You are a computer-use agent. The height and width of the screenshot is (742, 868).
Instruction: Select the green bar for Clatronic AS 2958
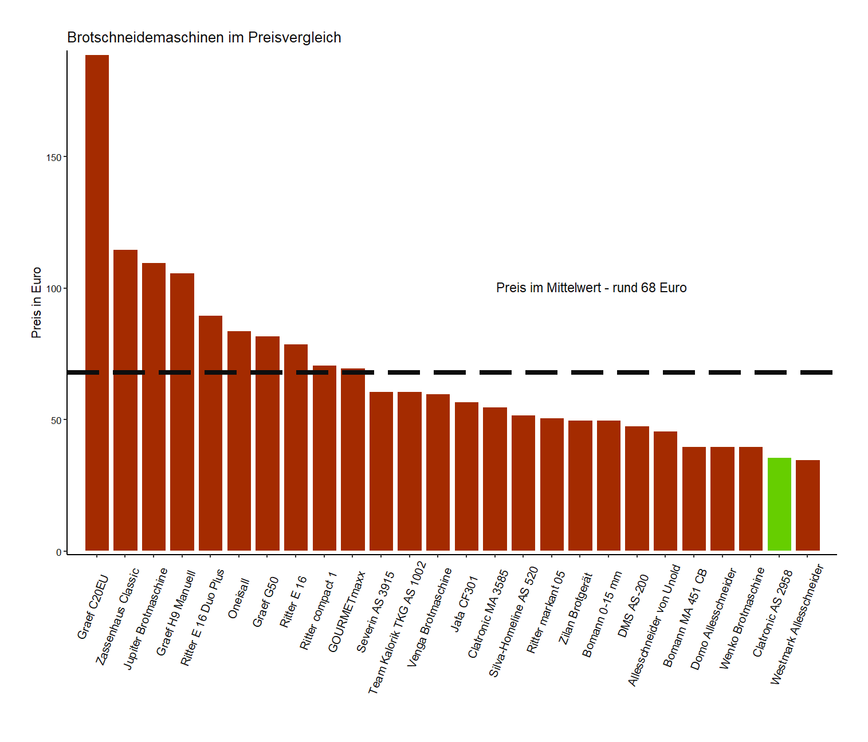tap(779, 504)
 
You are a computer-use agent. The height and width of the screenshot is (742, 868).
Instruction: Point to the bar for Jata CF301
tap(466, 476)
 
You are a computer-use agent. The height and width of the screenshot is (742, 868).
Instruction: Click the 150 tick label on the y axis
tap(54, 158)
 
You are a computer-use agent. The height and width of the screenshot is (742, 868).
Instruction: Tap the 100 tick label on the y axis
tap(54, 289)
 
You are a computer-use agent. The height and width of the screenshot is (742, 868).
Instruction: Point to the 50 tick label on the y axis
tap(56, 421)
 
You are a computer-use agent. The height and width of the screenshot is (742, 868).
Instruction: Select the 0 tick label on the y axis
tap(58, 552)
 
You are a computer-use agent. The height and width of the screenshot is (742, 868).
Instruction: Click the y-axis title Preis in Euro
tap(37, 303)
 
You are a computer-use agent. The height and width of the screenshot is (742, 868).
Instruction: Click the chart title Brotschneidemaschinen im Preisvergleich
tap(204, 38)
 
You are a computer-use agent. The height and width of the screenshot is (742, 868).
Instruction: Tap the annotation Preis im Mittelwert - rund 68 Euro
tap(591, 288)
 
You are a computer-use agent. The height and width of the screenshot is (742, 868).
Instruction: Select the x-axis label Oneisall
tap(239, 598)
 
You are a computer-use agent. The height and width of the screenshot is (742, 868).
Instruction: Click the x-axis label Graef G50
tap(265, 602)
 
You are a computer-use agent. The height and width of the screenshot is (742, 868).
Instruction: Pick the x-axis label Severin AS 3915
tap(375, 612)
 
